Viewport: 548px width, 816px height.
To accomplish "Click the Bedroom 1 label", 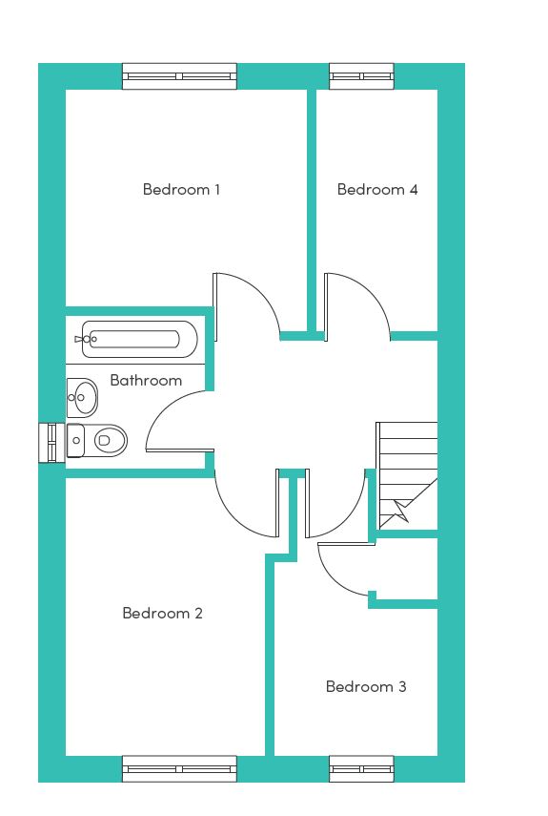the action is click(x=181, y=189).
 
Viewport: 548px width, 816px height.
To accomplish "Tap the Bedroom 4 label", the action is click(x=377, y=189).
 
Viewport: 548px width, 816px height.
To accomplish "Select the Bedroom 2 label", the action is click(x=162, y=613).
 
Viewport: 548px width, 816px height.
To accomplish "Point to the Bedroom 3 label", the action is click(x=366, y=686).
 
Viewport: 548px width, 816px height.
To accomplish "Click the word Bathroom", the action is click(x=146, y=381).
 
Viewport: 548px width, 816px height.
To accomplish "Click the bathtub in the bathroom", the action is click(x=139, y=340).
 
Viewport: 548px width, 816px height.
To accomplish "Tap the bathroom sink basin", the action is click(x=83, y=398).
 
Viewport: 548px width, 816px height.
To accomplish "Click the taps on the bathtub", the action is click(x=86, y=340).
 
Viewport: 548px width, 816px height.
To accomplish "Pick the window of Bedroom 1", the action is click(x=179, y=76).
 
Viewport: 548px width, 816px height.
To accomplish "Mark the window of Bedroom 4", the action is click(x=361, y=76).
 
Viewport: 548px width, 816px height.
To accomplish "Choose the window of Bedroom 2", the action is click(x=179, y=769).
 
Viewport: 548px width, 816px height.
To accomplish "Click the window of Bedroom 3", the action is click(x=361, y=769).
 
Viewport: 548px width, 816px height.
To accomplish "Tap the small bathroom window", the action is click(x=52, y=443).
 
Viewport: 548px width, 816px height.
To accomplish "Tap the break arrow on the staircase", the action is click(x=402, y=509).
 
